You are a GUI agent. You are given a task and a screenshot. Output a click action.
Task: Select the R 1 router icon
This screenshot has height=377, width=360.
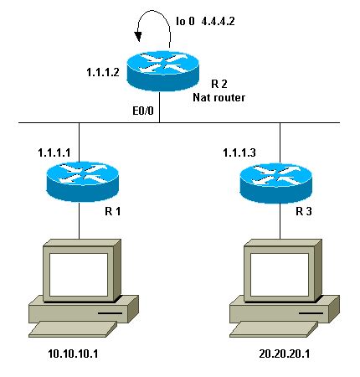[x=80, y=179]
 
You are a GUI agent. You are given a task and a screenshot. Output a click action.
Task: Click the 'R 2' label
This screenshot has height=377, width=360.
[x=219, y=85]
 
